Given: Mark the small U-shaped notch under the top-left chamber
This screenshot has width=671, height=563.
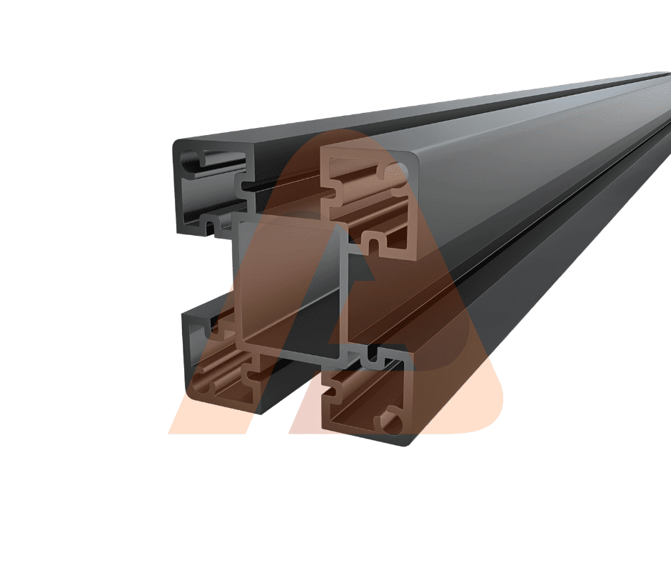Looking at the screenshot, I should point(211,226).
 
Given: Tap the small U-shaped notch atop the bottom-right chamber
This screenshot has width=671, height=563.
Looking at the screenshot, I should point(372,354).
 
